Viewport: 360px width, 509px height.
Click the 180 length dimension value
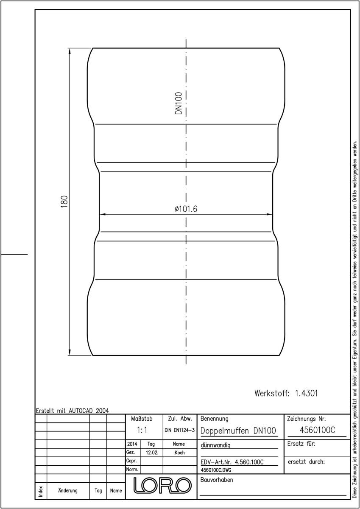click(64, 201)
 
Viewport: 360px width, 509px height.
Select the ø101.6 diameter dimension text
click(186, 209)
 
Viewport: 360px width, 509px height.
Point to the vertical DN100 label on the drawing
click(179, 103)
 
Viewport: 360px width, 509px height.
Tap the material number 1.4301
click(307, 393)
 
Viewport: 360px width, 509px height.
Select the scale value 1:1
click(142, 430)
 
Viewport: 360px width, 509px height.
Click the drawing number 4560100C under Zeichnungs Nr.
click(317, 430)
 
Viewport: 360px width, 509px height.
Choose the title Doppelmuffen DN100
click(238, 431)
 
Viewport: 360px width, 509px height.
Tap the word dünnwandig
click(215, 445)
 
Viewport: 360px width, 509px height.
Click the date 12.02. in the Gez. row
click(152, 453)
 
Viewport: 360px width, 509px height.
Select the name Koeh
click(180, 453)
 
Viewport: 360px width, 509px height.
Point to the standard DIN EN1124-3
click(180, 431)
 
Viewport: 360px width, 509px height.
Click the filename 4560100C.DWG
click(216, 470)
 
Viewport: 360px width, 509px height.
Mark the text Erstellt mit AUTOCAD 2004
click(73, 411)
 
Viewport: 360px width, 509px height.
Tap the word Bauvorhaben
click(217, 480)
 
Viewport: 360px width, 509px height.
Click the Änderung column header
click(68, 491)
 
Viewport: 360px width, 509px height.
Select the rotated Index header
click(41, 492)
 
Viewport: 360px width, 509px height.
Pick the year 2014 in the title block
click(132, 444)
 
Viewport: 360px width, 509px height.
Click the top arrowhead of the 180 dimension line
click(70, 51)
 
